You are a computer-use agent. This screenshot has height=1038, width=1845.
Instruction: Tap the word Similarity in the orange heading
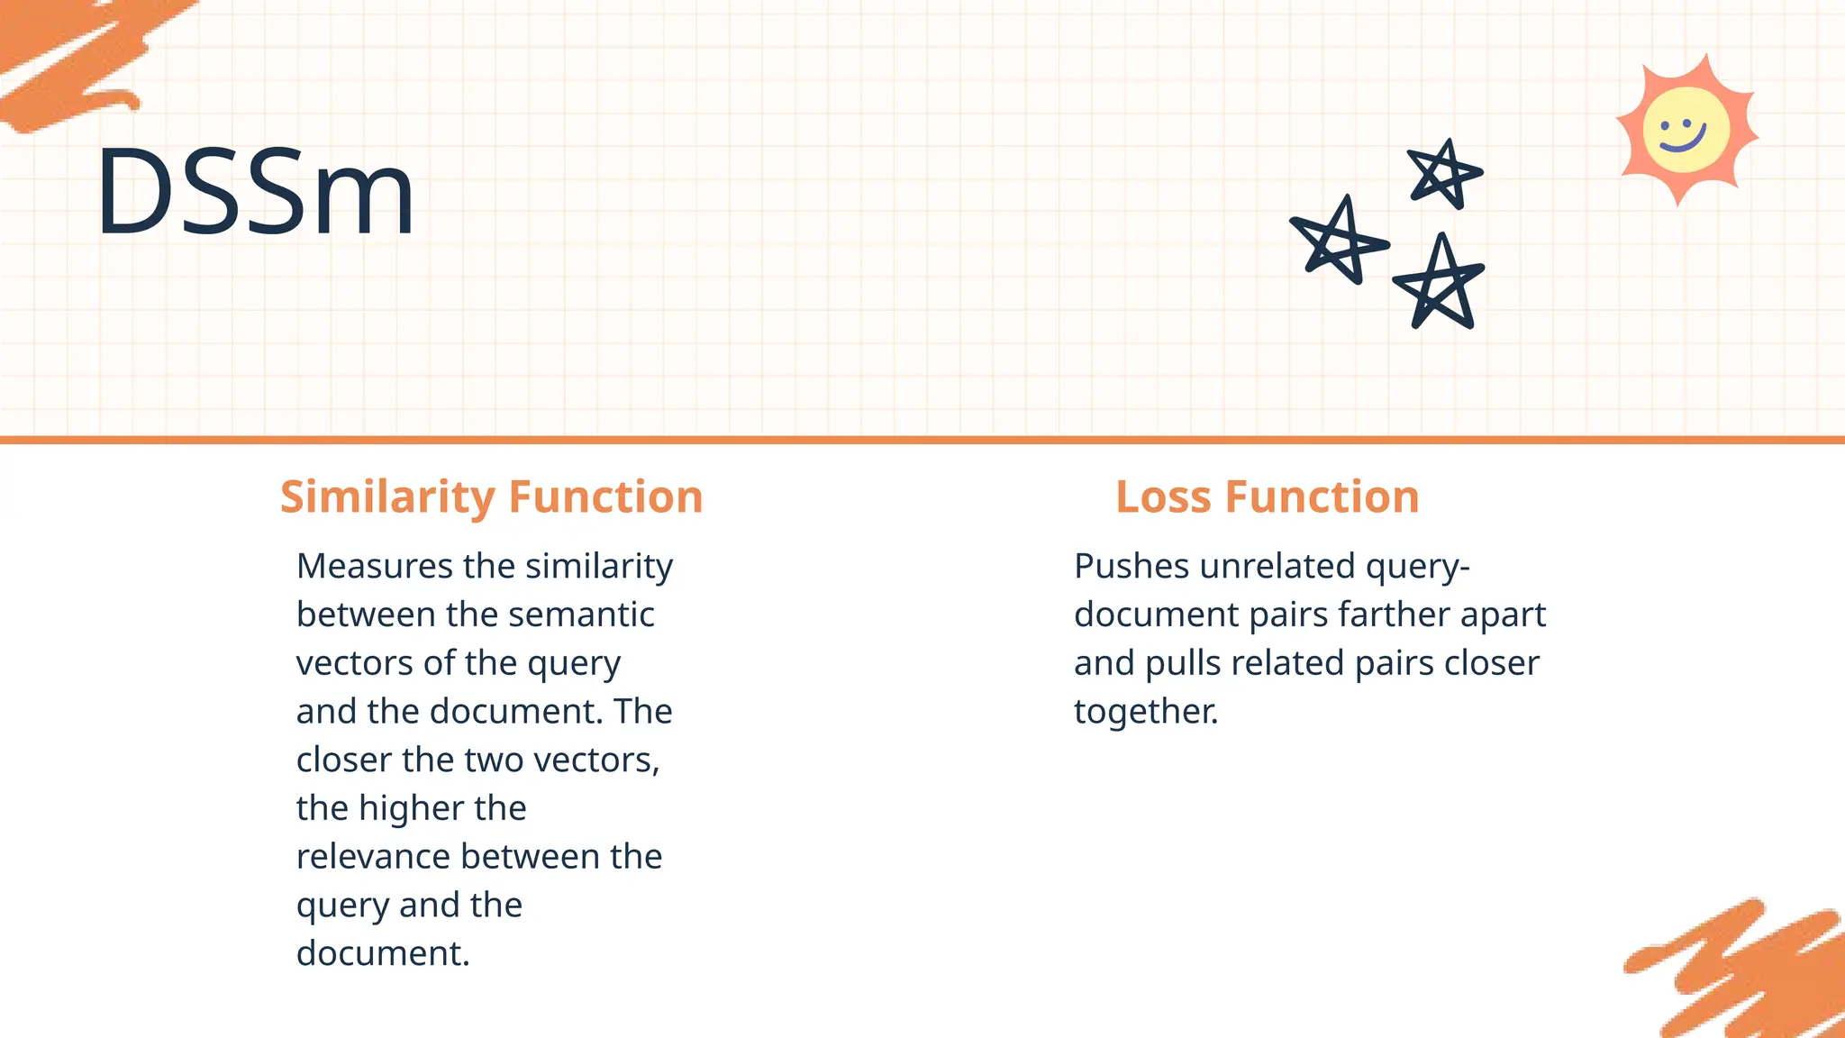[x=387, y=497]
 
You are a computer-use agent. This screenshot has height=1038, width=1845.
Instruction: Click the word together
[x=1145, y=713]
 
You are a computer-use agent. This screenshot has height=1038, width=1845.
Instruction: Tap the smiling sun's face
[x=1686, y=131]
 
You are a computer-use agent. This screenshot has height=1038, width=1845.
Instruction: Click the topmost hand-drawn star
[x=1444, y=173]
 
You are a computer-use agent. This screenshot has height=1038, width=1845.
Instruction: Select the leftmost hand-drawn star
[x=1339, y=241]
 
